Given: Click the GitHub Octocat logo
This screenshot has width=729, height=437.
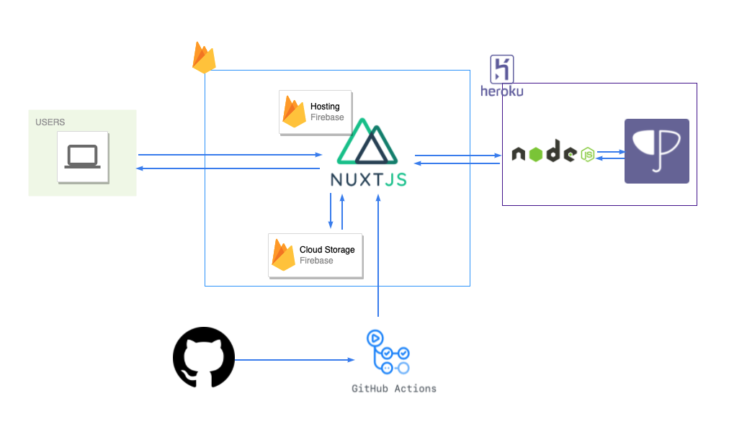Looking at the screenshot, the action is [204, 357].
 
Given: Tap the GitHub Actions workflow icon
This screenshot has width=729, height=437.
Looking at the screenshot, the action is [388, 352].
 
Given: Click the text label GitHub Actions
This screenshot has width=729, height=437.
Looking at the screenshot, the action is [394, 389].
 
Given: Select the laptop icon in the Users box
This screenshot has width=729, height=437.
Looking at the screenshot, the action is [83, 157].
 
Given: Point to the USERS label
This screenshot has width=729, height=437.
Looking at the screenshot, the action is [50, 122].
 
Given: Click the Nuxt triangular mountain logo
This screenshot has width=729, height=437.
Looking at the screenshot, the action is [367, 141].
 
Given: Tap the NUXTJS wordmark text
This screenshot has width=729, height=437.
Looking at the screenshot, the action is [369, 179].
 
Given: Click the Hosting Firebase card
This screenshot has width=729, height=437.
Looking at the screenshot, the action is [316, 112].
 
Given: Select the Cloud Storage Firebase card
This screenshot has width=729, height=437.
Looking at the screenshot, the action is [316, 256].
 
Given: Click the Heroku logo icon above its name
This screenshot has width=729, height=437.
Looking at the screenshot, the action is [501, 69].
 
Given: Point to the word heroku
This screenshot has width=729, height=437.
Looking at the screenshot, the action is [501, 91].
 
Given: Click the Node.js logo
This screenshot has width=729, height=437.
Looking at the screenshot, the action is [553, 152].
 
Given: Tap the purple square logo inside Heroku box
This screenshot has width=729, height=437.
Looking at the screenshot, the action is [656, 151].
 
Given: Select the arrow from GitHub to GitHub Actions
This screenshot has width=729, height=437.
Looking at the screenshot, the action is [295, 359].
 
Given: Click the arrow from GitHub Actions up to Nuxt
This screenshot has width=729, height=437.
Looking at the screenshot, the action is [378, 256].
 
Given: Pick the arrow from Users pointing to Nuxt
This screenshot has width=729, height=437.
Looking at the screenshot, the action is [230, 154].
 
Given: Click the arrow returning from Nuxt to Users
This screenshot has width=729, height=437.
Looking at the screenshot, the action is [228, 168].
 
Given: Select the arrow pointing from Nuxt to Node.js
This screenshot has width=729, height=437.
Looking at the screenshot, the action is [458, 156].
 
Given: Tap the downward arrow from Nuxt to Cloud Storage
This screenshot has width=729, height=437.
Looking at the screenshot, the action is [331, 211].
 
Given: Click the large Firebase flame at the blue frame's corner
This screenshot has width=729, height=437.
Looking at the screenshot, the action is [204, 57].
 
